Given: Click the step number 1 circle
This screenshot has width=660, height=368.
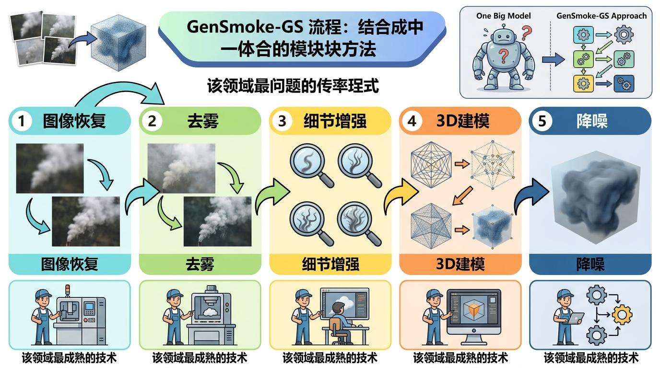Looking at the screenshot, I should (21, 121).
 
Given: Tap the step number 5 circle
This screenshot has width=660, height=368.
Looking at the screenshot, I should (542, 121).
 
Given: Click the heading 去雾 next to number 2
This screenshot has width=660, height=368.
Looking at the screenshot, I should (202, 121).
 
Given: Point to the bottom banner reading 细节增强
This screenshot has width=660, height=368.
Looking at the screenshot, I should (330, 264).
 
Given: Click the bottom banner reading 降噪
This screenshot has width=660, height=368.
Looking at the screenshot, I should (590, 264).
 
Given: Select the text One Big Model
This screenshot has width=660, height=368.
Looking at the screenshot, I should (503, 16).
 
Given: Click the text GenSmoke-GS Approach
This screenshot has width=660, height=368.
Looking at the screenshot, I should (601, 16).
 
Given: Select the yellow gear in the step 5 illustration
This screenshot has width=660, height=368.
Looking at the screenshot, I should (622, 315).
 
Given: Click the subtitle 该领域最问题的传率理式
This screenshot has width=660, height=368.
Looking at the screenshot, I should (293, 86).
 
